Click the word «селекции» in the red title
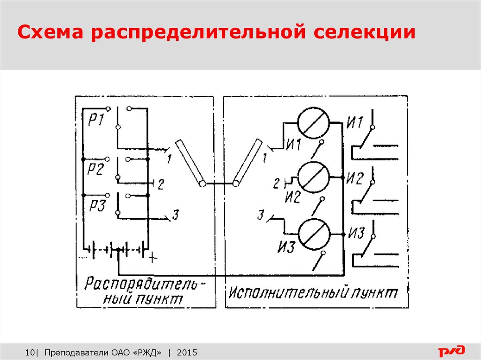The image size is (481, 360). coord(365,32)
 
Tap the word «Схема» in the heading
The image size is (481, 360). coord(50,32)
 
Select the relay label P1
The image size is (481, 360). coord(96,119)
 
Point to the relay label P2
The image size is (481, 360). coord(96,169)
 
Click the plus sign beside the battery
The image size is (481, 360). coord(153,258)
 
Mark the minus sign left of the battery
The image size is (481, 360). coord(83,257)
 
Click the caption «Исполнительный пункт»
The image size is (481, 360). coord(313,293)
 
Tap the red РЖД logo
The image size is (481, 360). coord(451,351)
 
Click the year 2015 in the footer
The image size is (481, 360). coord(187,352)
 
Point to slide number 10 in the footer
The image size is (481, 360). coord(30,352)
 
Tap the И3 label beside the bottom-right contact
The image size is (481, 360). coord(356,233)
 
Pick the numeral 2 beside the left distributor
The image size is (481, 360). coord(161,184)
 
